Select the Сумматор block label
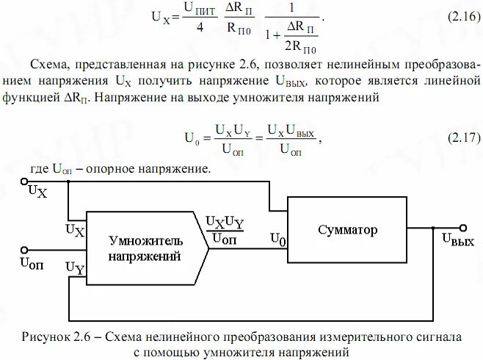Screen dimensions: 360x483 pyautogui.click(x=348, y=230)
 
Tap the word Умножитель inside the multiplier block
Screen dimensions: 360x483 pyautogui.click(x=146, y=240)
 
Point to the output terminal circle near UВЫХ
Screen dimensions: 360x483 pyautogui.click(x=462, y=228)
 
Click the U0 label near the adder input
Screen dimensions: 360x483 pyautogui.click(x=279, y=238)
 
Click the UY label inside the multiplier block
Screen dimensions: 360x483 pyautogui.click(x=75, y=268)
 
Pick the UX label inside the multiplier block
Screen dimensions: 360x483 pyautogui.click(x=75, y=230)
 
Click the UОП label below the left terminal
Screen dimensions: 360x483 pyautogui.click(x=32, y=262)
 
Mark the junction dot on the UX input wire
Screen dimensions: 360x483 pyautogui.click(x=68, y=182)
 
